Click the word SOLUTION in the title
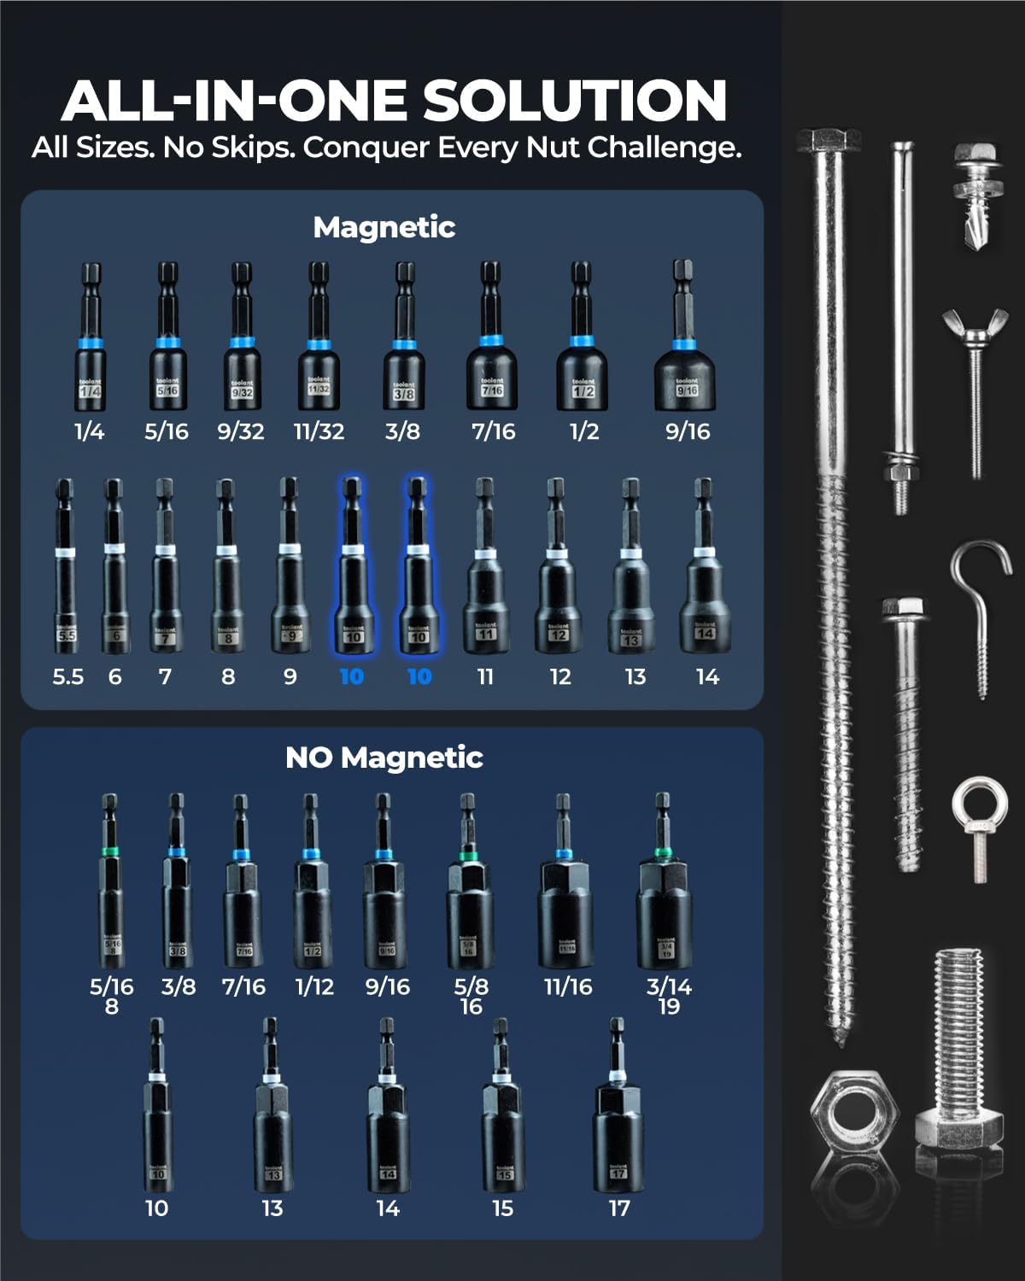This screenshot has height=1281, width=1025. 575,101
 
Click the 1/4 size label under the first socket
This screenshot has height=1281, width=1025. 89,431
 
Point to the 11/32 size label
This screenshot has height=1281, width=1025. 319,431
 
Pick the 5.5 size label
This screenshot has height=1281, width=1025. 68,677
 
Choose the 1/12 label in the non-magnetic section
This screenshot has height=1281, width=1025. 314,986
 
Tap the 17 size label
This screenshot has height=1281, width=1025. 619,1208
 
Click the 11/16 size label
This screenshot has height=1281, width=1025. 568,986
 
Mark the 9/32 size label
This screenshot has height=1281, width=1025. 241,431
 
